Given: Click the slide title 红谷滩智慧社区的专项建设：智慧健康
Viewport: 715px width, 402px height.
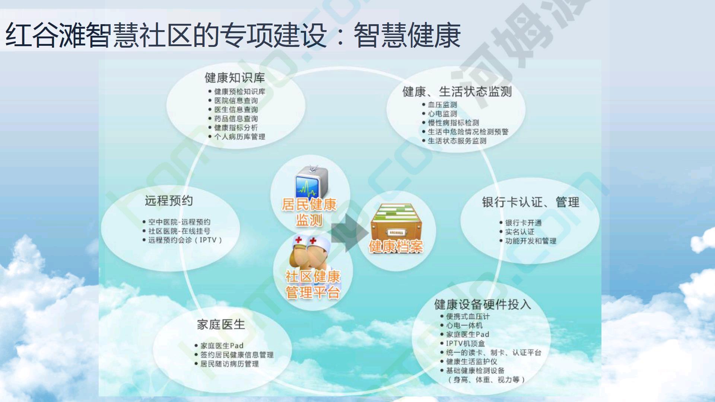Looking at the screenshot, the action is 233,35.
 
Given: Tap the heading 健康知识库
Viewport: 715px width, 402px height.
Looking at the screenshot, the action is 235,77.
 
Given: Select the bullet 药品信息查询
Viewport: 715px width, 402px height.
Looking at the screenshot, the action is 236,119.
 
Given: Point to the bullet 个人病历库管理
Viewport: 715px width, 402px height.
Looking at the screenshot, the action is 239,137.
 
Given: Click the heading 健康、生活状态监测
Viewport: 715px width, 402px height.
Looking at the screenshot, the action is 457,91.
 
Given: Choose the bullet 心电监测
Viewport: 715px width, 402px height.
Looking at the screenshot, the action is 442,114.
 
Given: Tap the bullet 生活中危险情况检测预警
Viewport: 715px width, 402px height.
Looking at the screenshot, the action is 468,132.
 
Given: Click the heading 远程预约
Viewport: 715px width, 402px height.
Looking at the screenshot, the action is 169,201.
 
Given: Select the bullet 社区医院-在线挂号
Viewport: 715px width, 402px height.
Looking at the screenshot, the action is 179,231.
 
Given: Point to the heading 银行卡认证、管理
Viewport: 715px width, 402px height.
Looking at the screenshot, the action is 531,202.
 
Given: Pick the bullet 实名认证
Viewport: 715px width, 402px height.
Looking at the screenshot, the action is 519,232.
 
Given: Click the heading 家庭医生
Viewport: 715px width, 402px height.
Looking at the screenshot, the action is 221,325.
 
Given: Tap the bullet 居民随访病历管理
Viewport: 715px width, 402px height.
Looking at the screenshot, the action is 229,364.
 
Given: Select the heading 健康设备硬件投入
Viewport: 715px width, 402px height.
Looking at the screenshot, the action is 482,304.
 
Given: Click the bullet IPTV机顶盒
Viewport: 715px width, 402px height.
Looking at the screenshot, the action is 465,344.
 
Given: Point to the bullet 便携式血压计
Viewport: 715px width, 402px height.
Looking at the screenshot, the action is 468,316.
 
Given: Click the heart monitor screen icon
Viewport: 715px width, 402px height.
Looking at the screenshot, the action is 312,182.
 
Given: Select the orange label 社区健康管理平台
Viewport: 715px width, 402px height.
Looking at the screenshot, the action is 312,284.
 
